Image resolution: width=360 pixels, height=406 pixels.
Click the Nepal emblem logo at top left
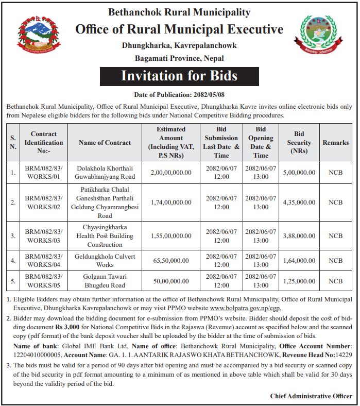(38, 37)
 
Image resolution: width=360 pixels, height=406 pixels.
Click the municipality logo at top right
(321, 37)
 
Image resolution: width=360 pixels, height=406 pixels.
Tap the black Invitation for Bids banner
(179, 76)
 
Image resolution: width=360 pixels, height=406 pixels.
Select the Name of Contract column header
(105, 143)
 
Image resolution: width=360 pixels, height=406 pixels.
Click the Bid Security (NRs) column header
(299, 143)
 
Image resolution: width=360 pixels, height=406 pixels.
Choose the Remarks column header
(335, 143)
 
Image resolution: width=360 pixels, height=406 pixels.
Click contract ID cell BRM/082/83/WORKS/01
(43, 173)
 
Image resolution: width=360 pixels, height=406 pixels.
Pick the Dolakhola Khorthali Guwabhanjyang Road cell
(105, 173)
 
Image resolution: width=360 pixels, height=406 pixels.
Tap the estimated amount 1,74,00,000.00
(171, 202)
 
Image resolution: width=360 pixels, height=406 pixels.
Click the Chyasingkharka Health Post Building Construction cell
(105, 236)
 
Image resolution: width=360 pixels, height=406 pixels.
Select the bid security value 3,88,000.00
(299, 236)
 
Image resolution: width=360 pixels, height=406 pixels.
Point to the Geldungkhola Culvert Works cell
(105, 261)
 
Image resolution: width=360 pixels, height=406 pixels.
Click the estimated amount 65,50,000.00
(171, 261)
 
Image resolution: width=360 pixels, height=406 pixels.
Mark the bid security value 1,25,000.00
(299, 281)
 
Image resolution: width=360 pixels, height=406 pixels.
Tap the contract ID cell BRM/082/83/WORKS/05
(43, 281)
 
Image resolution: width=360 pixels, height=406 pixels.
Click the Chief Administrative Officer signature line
(311, 396)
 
